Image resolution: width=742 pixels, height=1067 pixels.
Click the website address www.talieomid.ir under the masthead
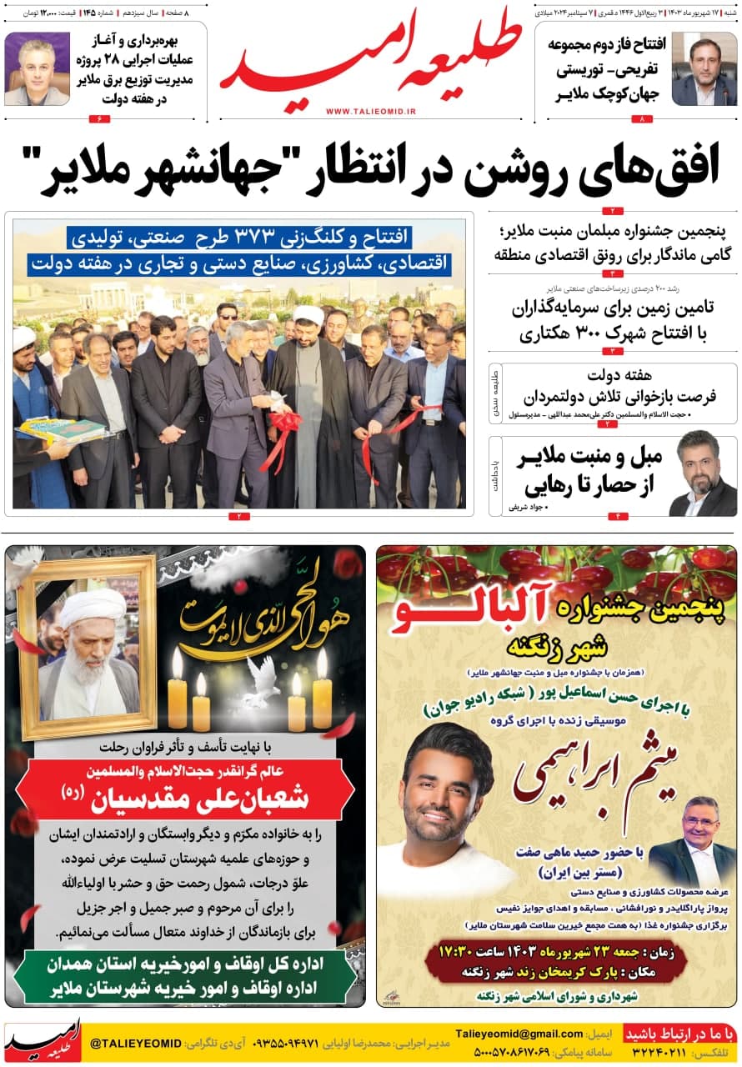[x=371, y=111]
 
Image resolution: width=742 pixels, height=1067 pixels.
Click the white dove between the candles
[x=263, y=677]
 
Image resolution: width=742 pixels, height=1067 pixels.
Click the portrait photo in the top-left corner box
[x=37, y=68]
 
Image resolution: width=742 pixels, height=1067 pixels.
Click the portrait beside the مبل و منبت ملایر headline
[x=702, y=473]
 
